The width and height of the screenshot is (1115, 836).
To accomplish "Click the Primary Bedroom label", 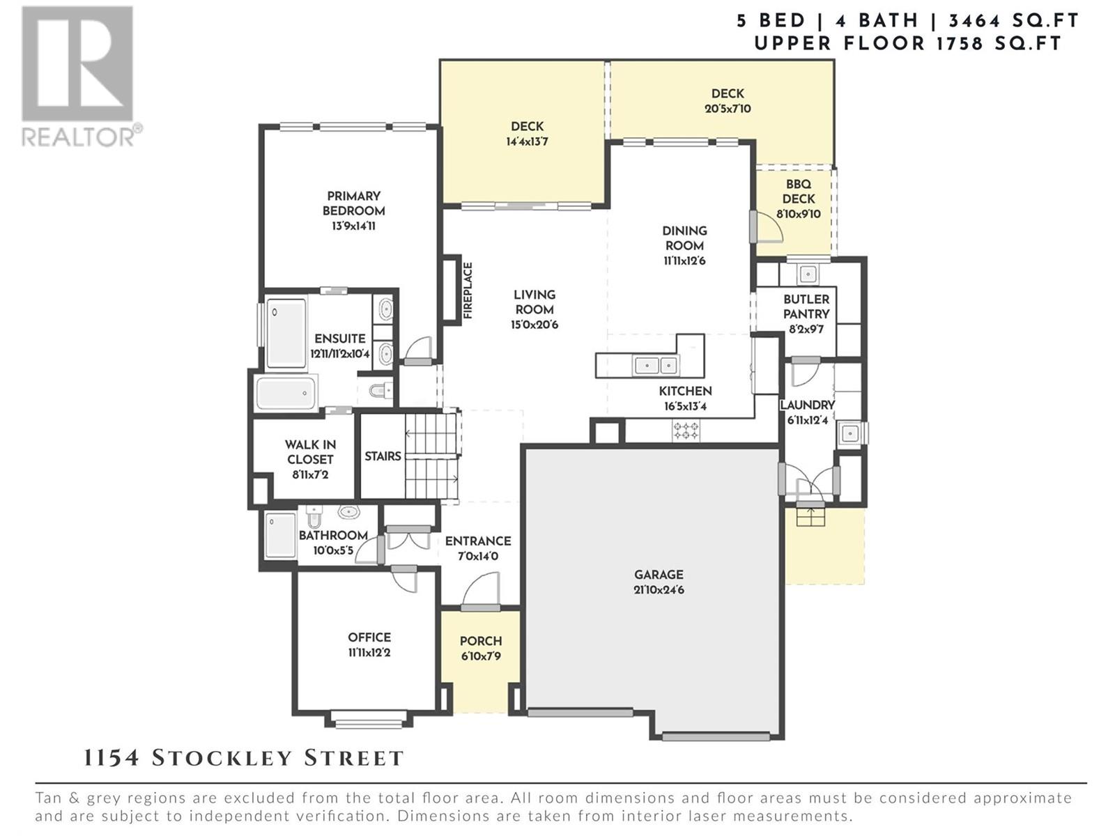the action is pyautogui.click(x=353, y=203).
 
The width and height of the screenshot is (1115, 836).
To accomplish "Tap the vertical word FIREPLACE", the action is pyautogui.click(x=468, y=291).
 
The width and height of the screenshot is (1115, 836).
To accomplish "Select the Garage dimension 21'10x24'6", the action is pyautogui.click(x=659, y=590).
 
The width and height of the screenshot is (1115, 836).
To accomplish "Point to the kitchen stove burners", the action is pyautogui.click(x=686, y=431).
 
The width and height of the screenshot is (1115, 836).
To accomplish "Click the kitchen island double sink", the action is pyautogui.click(x=655, y=365).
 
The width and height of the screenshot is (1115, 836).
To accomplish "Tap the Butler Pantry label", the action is pyautogui.click(x=806, y=307).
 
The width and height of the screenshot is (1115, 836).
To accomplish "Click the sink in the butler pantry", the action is pyautogui.click(x=807, y=274).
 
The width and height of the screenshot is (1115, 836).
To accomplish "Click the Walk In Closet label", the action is pyautogui.click(x=310, y=451).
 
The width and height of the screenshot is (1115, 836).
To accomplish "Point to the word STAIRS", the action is pyautogui.click(x=383, y=456).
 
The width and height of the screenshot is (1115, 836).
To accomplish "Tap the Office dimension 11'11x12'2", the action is pyautogui.click(x=369, y=652).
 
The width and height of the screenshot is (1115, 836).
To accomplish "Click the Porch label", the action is pyautogui.click(x=481, y=641).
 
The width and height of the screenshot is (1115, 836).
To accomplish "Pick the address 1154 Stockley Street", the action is pyautogui.click(x=244, y=759).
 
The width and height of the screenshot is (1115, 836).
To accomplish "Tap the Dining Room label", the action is pyautogui.click(x=684, y=238).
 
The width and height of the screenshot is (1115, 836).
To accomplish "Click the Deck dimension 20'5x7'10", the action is pyautogui.click(x=728, y=109).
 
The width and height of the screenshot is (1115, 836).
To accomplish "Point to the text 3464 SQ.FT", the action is pyautogui.click(x=1013, y=21).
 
